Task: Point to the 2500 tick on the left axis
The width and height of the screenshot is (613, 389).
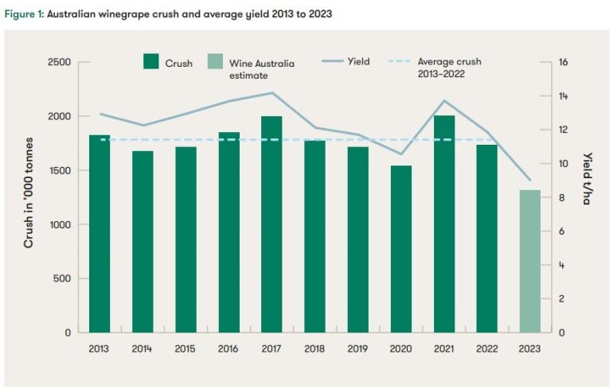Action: pos(61,62)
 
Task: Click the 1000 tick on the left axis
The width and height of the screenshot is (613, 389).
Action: pos(61,224)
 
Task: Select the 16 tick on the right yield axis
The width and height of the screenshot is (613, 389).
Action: pos(563,62)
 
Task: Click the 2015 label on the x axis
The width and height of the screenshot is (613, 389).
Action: pos(185,348)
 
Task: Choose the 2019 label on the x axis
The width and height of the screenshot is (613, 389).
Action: pos(357,348)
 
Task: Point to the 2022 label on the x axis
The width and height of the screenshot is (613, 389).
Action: pos(486,348)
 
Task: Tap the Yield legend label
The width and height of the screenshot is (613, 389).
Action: pos(357,61)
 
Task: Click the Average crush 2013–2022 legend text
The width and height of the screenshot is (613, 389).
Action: pos(449,67)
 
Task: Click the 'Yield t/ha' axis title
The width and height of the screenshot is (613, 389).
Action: pos(587,178)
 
